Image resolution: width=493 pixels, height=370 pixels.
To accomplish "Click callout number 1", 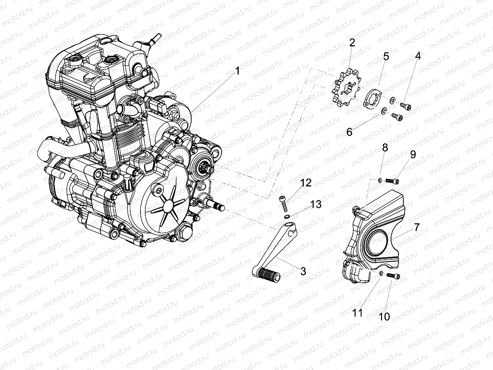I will tap(237, 72).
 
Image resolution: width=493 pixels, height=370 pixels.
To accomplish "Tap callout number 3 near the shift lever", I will tap(303, 271).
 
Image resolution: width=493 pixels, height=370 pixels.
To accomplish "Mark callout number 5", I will tap(386, 56).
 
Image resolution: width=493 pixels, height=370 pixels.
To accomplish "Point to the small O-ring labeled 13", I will tap(287, 216).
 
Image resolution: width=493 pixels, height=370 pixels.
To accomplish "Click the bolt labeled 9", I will tap(395, 180).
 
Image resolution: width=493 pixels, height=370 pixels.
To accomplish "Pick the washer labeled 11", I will tap(381, 273).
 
